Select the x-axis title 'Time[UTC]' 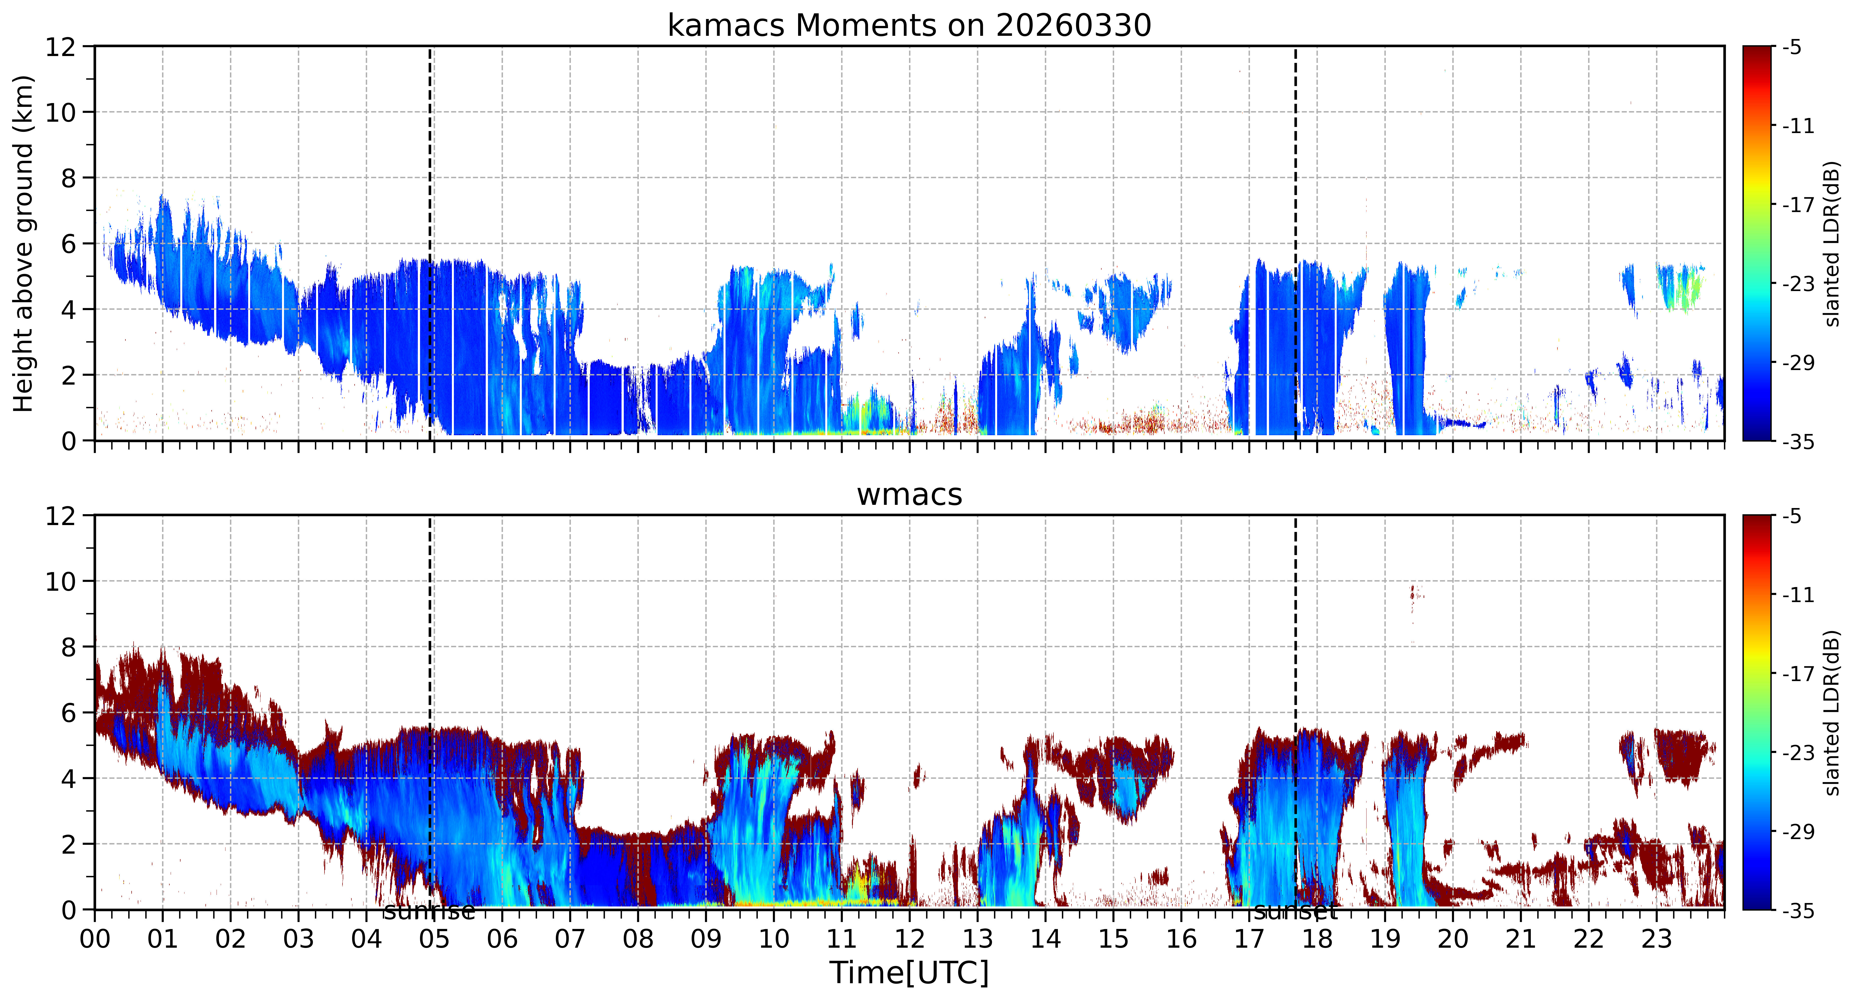pyautogui.click(x=909, y=972)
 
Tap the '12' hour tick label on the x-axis pyautogui.click(x=909, y=939)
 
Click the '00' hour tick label pyautogui.click(x=94, y=939)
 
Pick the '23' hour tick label pyautogui.click(x=1656, y=939)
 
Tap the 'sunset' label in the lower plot pyautogui.click(x=1295, y=912)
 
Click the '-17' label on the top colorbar pyautogui.click(x=1798, y=205)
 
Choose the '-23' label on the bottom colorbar pyautogui.click(x=1798, y=753)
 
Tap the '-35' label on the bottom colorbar pyautogui.click(x=1798, y=911)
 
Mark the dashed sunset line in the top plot pyautogui.click(x=1295, y=243)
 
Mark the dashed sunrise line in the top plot pyautogui.click(x=430, y=243)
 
